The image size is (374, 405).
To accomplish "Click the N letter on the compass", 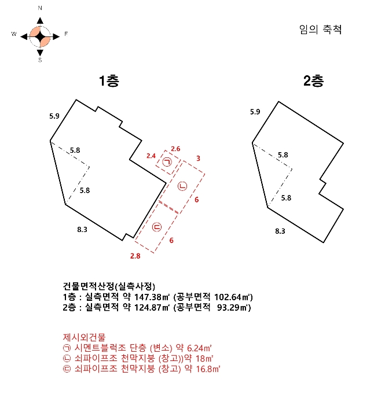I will click(x=40, y=9).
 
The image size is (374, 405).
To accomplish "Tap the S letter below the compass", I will click(x=40, y=60).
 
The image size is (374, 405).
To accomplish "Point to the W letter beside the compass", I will click(x=13, y=35).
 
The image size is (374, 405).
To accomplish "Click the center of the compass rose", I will click(x=40, y=36).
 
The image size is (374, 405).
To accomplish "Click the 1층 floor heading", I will click(x=108, y=81).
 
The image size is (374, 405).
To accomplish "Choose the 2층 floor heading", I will click(x=313, y=81).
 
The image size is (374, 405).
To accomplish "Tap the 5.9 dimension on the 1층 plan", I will click(x=54, y=116).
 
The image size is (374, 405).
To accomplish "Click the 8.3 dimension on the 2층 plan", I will click(x=280, y=230).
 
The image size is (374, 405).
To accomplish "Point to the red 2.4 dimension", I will click(x=151, y=156).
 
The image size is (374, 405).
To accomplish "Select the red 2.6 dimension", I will click(x=175, y=149).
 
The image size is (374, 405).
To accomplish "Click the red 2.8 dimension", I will click(x=135, y=255).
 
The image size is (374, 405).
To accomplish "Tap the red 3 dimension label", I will click(x=198, y=158).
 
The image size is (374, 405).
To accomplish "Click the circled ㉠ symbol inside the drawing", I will click(x=167, y=163).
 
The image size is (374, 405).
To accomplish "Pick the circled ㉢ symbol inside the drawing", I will click(x=156, y=227).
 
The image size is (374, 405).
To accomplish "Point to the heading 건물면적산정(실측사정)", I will click(x=109, y=286).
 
